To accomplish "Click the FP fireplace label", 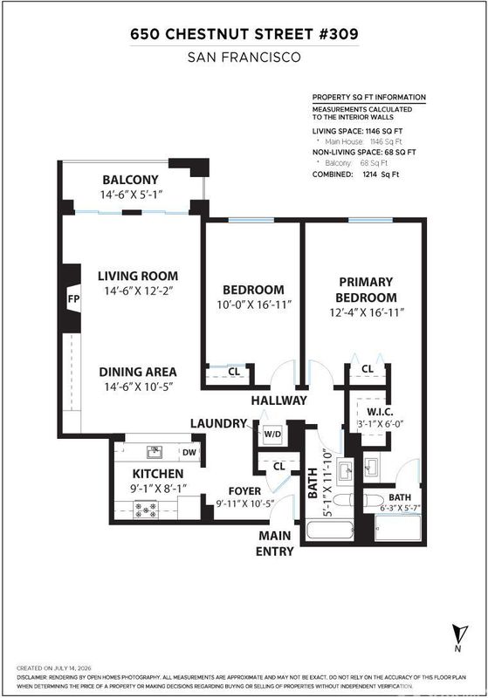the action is pos(73,298).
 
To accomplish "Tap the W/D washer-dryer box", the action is pos(272,434).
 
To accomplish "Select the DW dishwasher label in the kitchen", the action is pos(189,453).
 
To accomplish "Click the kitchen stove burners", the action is pos(146,510).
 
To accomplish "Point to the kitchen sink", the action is pos(154,452).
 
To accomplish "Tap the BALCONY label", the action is pos(130,180).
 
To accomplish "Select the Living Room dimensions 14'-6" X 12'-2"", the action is pos(138,291).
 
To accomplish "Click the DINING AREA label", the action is pos(138,372).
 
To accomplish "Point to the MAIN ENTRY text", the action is pos(275,544).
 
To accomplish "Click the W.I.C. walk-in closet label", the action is pos(380,412).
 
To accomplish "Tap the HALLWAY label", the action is pos(278,400).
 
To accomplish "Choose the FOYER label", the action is pos(244,491).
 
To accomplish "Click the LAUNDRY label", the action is pos(218,423).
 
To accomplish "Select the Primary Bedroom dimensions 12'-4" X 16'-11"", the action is pos(367,312).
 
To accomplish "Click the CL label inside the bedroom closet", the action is pos(234,372).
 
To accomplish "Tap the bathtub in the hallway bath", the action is pos(330,530).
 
